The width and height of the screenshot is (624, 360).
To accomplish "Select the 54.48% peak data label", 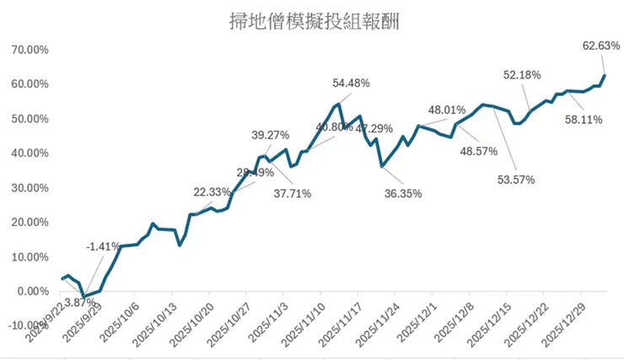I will (352, 83).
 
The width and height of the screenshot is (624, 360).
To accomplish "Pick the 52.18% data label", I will (523, 75).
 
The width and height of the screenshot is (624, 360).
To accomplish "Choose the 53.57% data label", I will (516, 180).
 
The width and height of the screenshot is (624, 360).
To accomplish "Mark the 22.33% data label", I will (212, 192).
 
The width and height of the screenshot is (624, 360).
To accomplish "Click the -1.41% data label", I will (104, 246).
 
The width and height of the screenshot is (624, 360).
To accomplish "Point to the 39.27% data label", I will (271, 135).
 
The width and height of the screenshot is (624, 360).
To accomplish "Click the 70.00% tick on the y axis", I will (30, 50).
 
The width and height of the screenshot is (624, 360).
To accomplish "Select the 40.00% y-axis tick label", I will (30, 153).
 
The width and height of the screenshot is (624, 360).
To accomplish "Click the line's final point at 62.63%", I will (605, 76).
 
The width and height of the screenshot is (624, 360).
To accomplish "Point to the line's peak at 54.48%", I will (338, 104).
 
